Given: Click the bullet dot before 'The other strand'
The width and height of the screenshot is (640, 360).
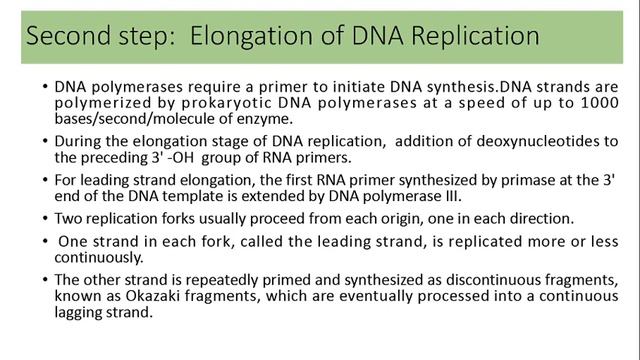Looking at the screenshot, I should (x=46, y=278).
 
